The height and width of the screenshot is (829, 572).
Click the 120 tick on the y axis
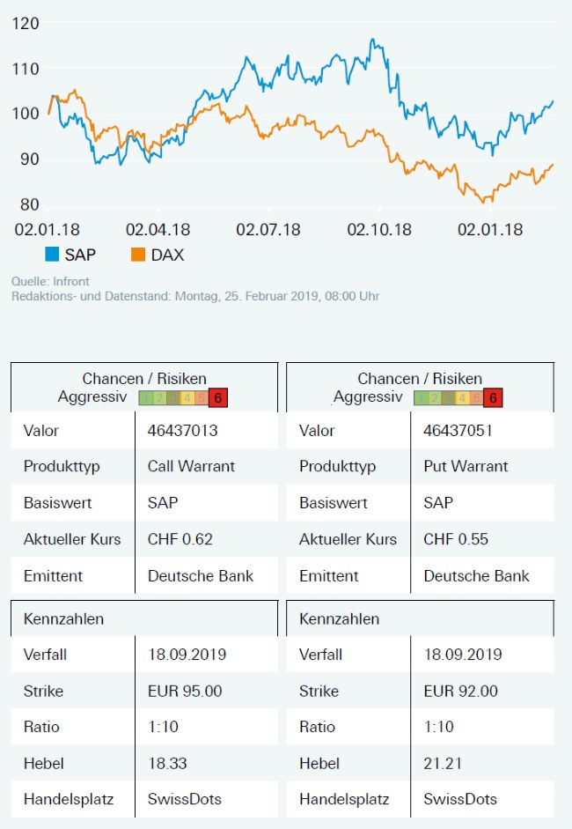click(x=26, y=24)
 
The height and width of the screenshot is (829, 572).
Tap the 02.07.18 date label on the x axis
click(x=268, y=230)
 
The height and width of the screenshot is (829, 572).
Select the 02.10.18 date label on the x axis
click(x=378, y=230)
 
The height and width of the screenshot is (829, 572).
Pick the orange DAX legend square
click(x=137, y=255)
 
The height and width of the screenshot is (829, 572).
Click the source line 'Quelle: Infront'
click(x=51, y=281)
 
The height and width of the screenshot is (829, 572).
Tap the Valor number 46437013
click(x=182, y=431)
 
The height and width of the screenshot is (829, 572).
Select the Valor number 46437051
click(x=458, y=431)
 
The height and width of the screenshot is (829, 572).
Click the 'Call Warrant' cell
click(x=191, y=466)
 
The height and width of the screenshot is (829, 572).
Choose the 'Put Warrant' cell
click(x=466, y=466)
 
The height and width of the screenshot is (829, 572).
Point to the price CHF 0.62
click(x=180, y=539)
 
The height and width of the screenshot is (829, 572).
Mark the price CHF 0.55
click(x=456, y=539)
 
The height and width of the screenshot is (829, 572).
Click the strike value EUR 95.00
click(x=185, y=691)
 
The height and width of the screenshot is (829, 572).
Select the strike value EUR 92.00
click(x=460, y=691)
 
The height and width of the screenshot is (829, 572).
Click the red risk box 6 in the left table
click(x=218, y=397)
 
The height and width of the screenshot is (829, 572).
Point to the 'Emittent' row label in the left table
click(x=53, y=576)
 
